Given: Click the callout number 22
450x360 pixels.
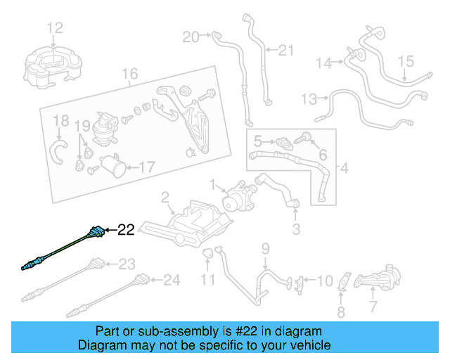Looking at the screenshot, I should (125, 229).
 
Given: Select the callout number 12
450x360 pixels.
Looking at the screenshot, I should (55, 28).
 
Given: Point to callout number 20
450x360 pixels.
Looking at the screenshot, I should (191, 36).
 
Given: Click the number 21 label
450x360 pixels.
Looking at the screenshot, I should (285, 50).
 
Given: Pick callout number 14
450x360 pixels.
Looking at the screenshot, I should (323, 63).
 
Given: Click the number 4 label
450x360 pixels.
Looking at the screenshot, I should (344, 168).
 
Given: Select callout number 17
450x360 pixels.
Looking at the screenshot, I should (146, 167).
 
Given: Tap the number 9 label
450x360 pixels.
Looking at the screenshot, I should (266, 247).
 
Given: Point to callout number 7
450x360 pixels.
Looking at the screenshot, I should (373, 307).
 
